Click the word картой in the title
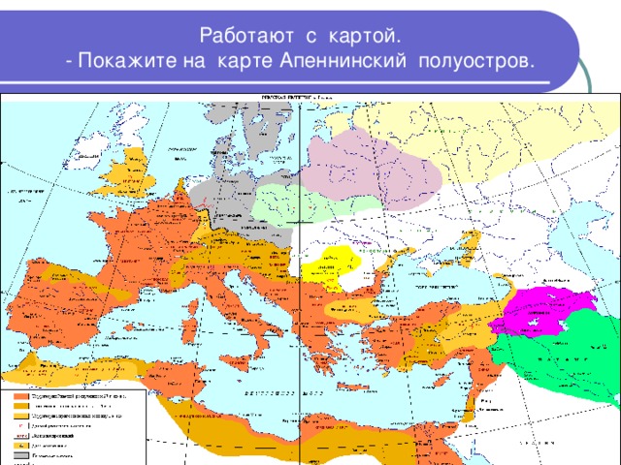coord(360,36)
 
